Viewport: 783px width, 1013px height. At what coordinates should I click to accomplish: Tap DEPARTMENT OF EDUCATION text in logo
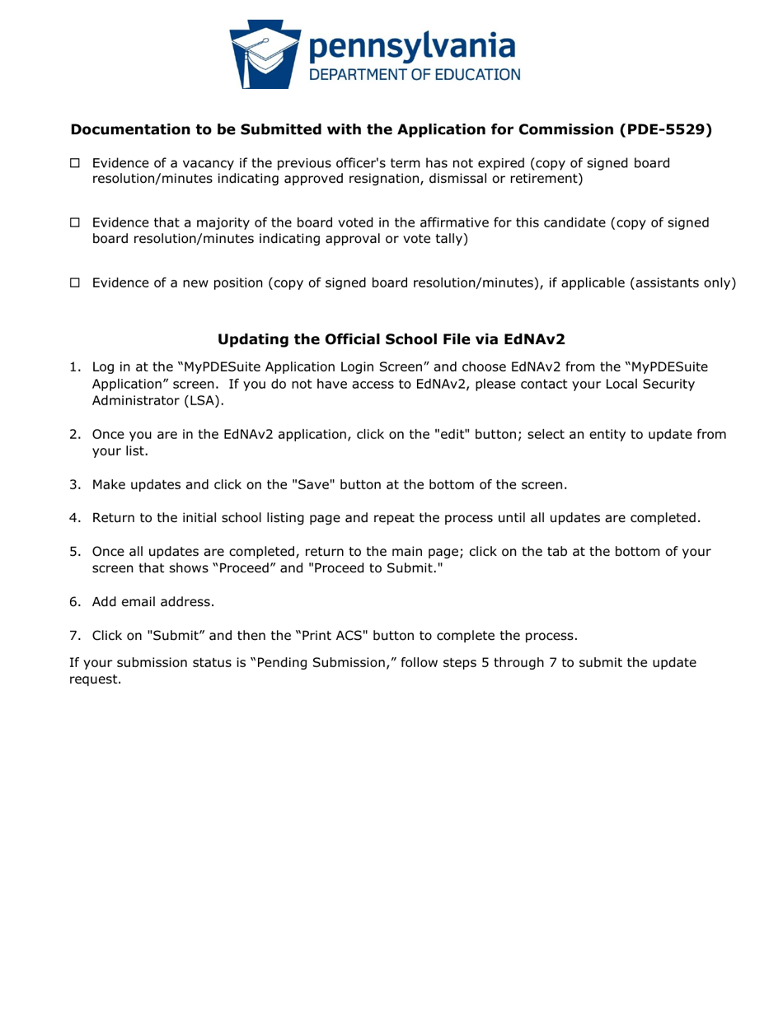(x=415, y=75)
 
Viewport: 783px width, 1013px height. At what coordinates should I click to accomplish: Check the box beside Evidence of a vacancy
(x=74, y=163)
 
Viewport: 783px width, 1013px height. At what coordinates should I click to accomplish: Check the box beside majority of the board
(x=74, y=223)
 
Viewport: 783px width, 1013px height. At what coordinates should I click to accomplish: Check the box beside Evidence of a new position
(x=74, y=283)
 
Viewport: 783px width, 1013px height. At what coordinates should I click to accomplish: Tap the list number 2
(x=74, y=436)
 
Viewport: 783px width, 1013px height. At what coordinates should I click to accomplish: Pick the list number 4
(x=74, y=518)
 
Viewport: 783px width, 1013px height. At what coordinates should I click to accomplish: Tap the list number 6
(x=74, y=602)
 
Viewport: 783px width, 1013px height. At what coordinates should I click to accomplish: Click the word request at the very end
(x=95, y=679)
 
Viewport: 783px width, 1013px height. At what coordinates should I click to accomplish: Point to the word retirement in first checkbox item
(x=542, y=179)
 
